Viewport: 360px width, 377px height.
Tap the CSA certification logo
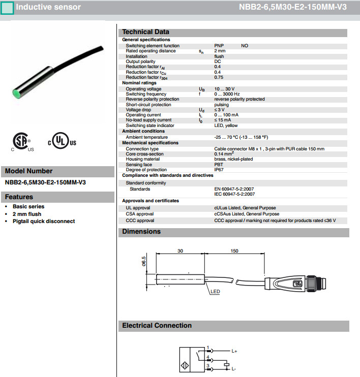[22, 142]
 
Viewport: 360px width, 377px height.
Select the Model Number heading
[29, 171]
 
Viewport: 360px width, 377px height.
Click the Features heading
[19, 197]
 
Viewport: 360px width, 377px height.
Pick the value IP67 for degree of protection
[219, 170]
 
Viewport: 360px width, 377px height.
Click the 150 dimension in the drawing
[234, 251]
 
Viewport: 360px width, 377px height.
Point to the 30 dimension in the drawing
[180, 251]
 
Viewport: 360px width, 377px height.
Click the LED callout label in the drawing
[215, 292]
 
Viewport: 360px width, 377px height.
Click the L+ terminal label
[234, 351]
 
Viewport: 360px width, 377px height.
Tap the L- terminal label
[233, 367]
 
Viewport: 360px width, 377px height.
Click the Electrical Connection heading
[157, 326]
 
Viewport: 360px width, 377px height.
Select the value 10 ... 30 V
[224, 89]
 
